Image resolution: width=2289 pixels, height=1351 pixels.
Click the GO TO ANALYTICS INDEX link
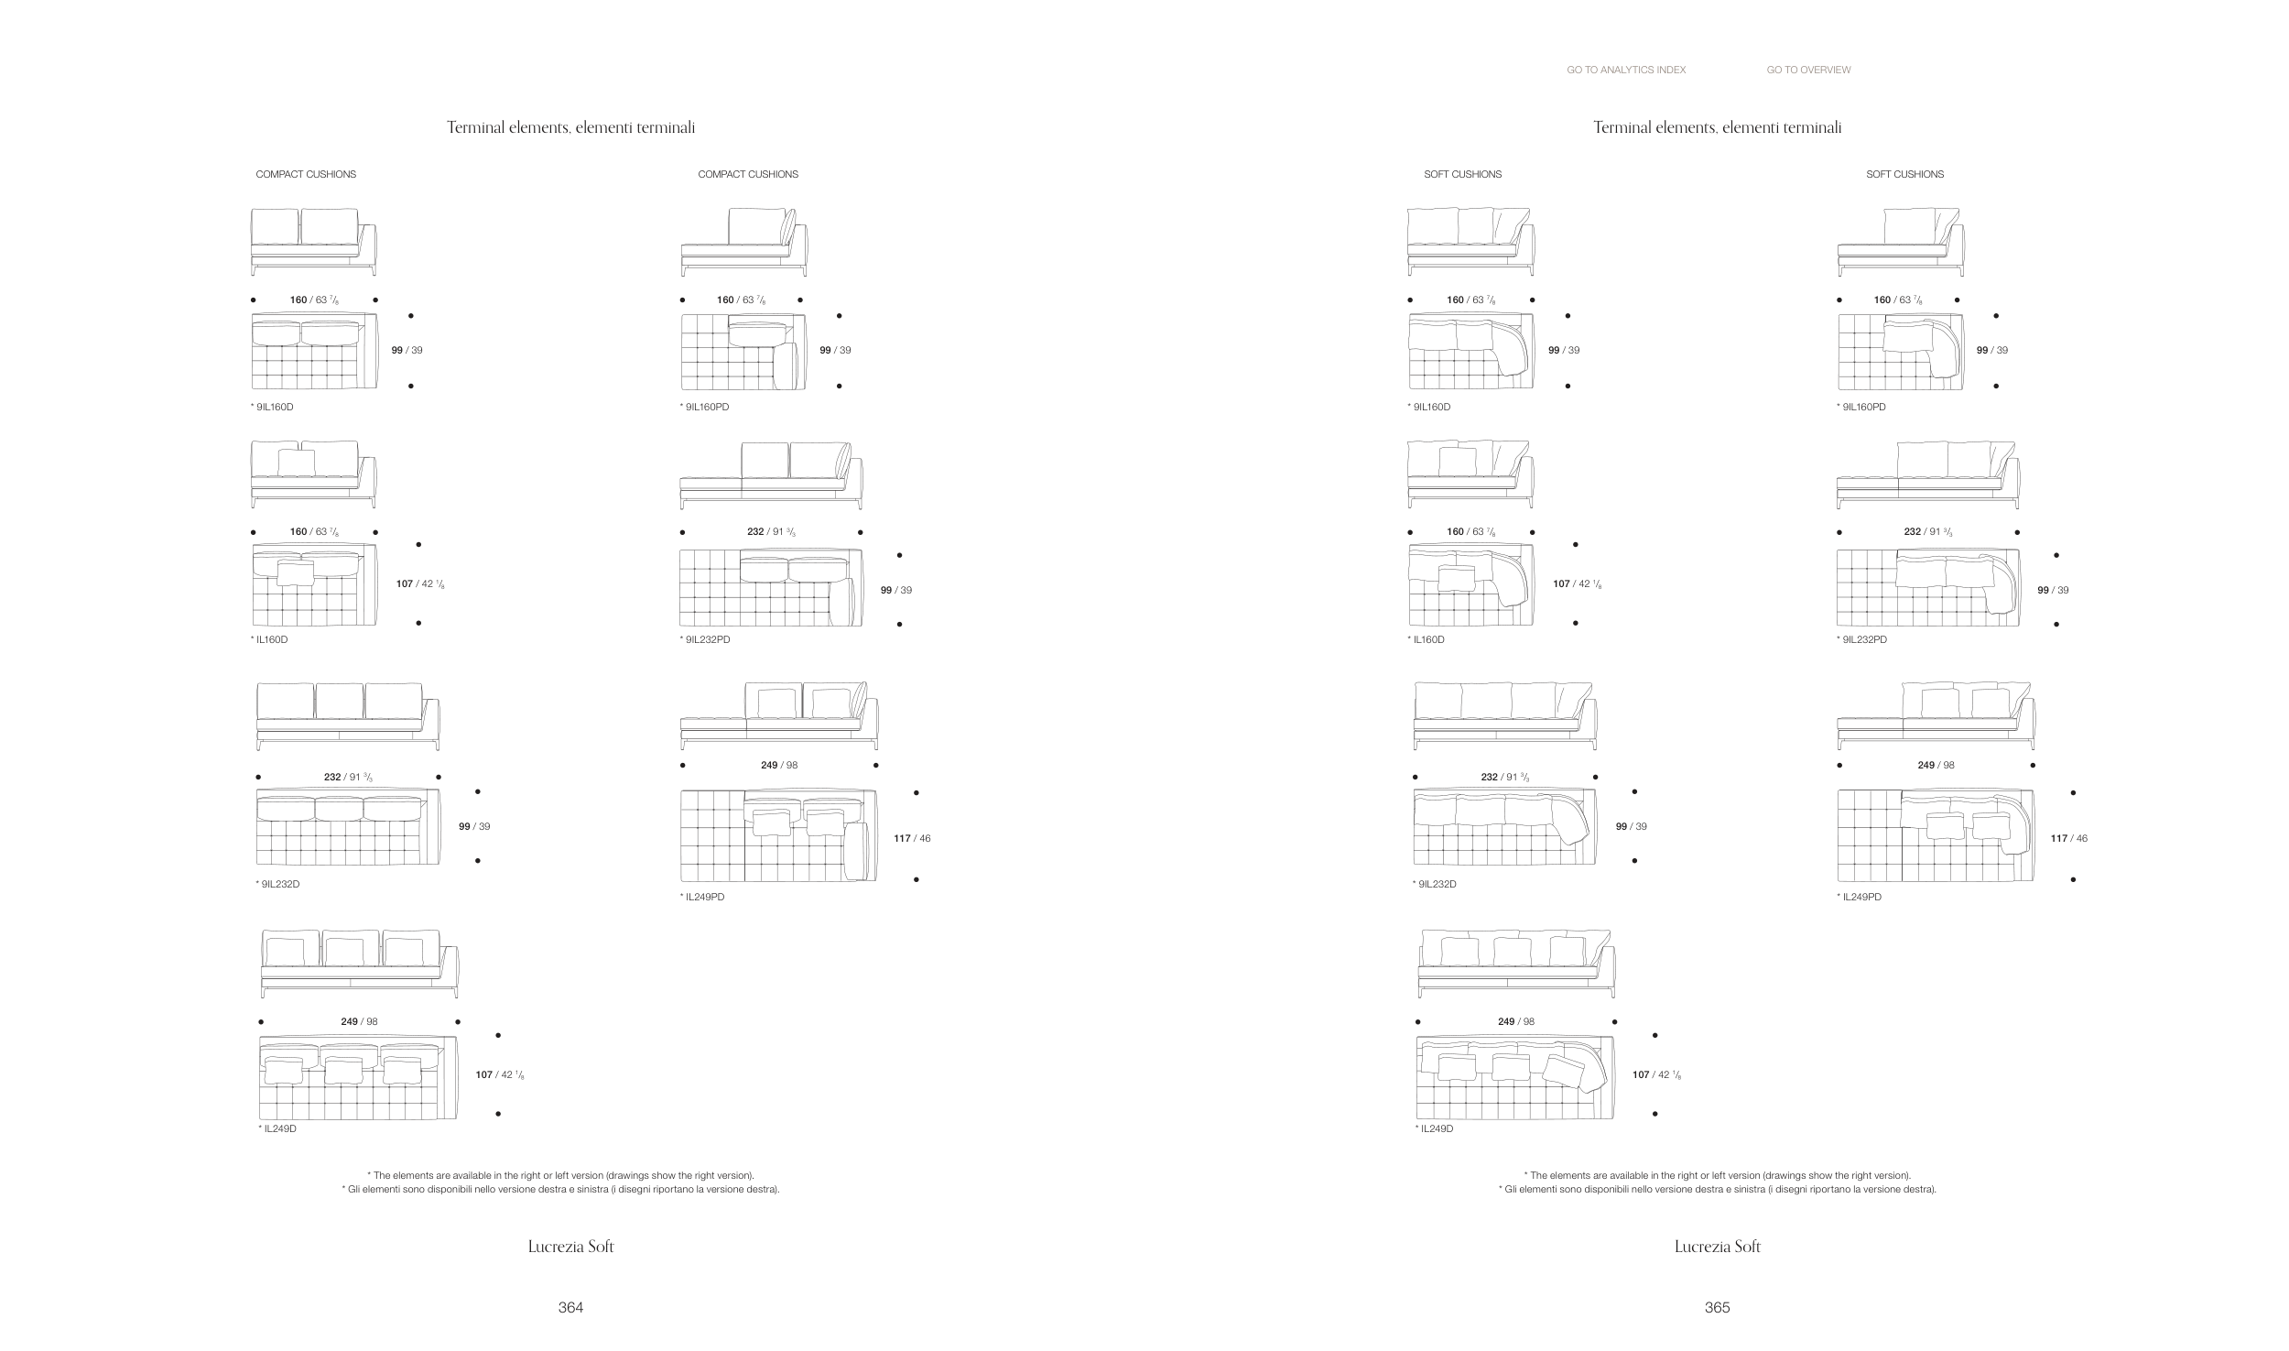(1626, 70)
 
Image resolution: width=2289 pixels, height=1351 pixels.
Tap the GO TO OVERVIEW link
(1808, 70)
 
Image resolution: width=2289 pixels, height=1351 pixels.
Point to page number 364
(570, 1307)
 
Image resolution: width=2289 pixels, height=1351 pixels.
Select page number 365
(1717, 1307)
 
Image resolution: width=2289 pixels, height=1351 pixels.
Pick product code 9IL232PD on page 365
(1861, 639)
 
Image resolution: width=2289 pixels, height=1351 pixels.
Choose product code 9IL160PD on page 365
(1861, 407)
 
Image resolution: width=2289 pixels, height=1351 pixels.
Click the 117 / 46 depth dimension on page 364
(912, 838)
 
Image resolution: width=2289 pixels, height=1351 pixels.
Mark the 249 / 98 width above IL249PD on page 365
(1936, 765)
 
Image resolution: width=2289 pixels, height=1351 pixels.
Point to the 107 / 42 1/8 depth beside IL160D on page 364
(421, 583)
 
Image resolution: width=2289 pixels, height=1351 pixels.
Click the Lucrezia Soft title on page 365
(1717, 1246)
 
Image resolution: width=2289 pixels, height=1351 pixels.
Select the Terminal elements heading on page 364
(570, 127)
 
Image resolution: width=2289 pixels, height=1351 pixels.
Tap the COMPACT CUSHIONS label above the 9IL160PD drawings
(748, 174)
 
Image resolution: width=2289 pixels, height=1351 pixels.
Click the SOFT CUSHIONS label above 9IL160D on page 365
(1462, 174)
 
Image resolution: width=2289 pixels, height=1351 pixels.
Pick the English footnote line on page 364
(560, 1175)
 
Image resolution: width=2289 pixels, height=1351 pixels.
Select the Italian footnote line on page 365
(1717, 1190)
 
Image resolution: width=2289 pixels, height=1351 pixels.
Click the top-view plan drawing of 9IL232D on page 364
(348, 827)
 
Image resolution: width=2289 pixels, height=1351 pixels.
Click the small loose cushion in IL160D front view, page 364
(296, 463)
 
